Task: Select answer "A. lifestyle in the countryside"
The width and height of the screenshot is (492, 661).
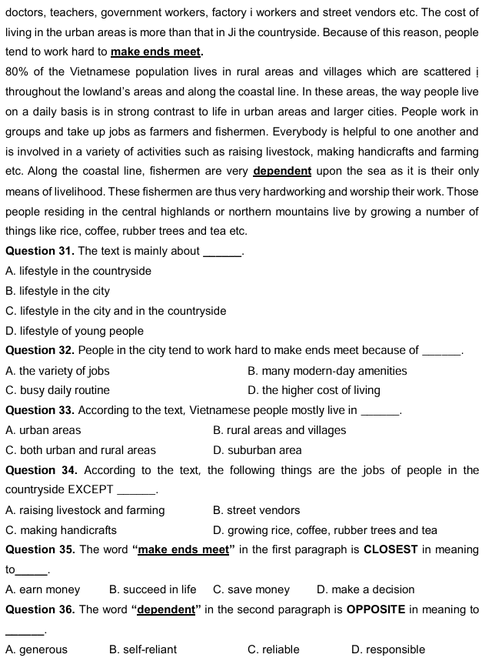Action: coord(78,271)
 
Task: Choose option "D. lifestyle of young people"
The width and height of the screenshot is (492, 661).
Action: coord(74,331)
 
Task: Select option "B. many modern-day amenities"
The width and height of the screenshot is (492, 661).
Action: coord(327,371)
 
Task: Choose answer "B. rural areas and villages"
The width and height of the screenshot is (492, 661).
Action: coord(279,430)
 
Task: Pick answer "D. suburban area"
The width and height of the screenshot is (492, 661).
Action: coord(257,450)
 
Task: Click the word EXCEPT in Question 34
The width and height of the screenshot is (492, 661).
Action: coord(90,490)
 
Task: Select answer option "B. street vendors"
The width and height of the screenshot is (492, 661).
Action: coord(256,510)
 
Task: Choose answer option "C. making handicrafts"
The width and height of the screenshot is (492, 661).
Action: coord(61,530)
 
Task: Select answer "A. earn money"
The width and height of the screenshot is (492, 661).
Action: coord(42,589)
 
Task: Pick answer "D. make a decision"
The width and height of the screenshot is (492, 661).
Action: coord(365,589)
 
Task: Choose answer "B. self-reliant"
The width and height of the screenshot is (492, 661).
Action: coord(143,649)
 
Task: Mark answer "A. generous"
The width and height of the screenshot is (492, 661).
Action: coord(36,649)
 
